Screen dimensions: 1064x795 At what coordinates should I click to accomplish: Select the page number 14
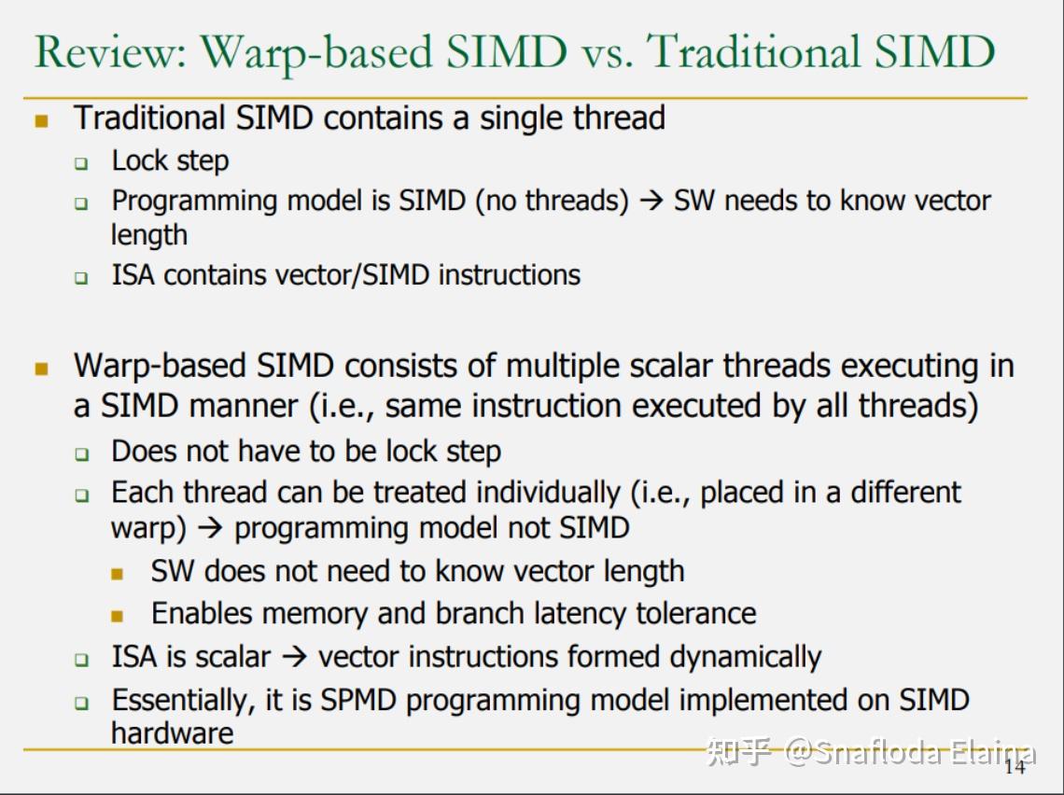point(1015,766)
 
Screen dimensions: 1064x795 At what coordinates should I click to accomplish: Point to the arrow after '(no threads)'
point(651,201)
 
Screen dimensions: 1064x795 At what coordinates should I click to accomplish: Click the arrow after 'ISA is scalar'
point(295,657)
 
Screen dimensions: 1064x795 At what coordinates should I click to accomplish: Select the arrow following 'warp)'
point(210,528)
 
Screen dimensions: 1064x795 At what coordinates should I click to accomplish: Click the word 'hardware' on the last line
point(173,733)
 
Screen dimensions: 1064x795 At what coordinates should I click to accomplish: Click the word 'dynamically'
point(746,657)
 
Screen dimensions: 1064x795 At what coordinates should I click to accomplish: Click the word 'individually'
point(548,494)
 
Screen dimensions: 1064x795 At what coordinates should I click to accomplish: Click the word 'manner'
point(243,407)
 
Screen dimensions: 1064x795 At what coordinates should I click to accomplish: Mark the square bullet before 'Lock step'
point(81,162)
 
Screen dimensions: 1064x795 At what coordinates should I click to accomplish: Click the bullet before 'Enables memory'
point(118,616)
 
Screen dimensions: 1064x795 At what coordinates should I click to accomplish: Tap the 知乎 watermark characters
point(739,751)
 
